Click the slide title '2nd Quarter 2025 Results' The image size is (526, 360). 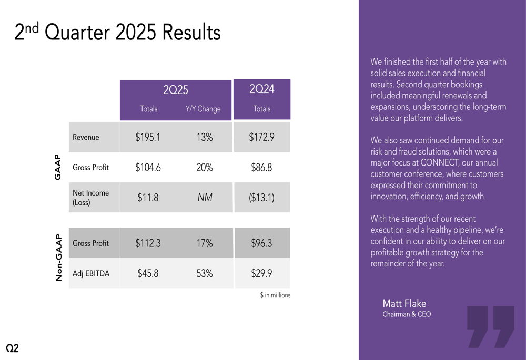(117, 33)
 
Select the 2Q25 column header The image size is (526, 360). (176, 90)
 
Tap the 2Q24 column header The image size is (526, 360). (261, 89)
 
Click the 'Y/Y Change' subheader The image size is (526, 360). (203, 109)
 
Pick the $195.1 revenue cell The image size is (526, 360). (148, 138)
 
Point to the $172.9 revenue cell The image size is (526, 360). (261, 138)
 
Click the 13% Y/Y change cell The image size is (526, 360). (204, 138)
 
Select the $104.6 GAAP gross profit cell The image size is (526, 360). (148, 168)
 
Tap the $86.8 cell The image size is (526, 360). (261, 168)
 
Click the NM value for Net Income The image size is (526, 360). (204, 198)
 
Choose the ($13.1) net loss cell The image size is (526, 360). (261, 198)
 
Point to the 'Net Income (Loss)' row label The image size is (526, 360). (90, 198)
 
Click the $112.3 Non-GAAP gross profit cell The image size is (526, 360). (148, 243)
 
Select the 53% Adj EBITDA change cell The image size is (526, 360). (204, 273)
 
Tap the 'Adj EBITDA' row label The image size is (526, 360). (91, 273)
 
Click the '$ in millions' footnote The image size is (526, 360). (275, 295)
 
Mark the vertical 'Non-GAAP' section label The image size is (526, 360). (59, 258)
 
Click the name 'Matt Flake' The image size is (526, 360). (404, 303)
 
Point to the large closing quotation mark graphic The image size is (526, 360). (490, 326)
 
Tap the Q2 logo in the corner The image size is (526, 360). (12, 348)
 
